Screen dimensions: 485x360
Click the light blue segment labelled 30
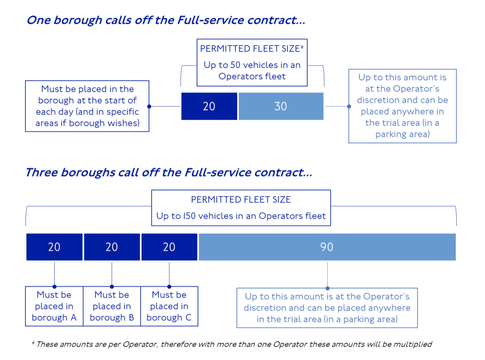click(281, 106)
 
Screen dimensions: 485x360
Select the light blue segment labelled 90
click(327, 247)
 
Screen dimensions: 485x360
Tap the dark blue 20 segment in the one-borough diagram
click(209, 106)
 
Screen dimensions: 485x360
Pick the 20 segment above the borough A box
click(54, 247)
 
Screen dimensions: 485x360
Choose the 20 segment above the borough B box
click(112, 247)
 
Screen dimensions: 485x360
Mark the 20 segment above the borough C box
click(169, 247)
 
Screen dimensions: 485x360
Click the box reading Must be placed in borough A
click(54, 306)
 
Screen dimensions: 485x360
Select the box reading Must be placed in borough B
click(112, 306)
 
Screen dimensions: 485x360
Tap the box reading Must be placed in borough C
click(169, 306)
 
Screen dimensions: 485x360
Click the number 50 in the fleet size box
click(236, 65)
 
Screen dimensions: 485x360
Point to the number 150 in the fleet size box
click(189, 216)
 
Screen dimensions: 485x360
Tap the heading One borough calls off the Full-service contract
click(166, 20)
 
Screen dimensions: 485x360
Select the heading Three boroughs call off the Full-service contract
click(169, 172)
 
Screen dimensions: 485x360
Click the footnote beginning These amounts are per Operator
click(232, 344)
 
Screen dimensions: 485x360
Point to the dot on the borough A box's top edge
click(54, 287)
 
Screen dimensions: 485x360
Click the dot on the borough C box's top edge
click(169, 287)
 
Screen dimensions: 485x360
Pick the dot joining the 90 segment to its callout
click(328, 288)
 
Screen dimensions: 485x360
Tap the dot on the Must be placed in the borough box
click(149, 106)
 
